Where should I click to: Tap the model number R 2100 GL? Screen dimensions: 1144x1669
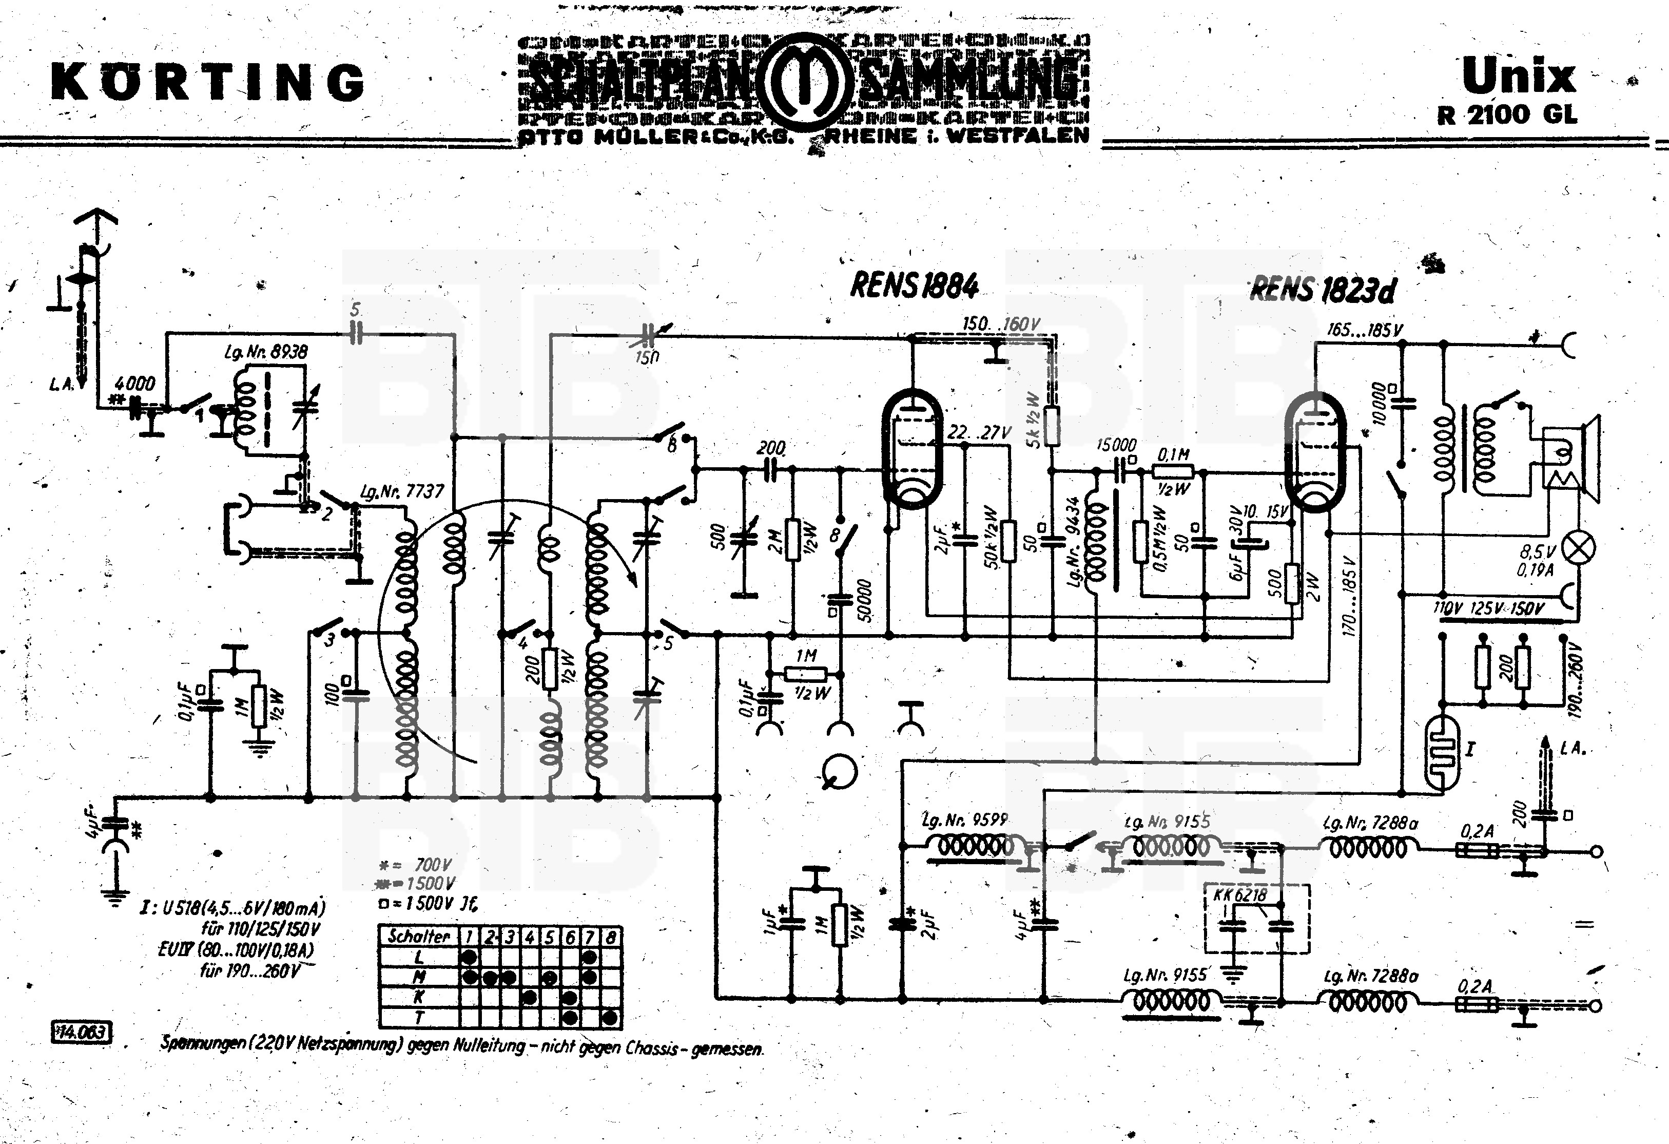coord(1507,115)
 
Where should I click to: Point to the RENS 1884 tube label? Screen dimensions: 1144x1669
coord(914,286)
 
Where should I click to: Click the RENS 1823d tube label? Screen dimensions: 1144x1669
coord(1323,290)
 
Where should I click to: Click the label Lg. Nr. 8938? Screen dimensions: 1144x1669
coord(266,352)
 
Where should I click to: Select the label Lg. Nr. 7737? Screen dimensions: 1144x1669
coord(402,491)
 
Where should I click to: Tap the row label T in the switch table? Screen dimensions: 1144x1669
coord(419,1017)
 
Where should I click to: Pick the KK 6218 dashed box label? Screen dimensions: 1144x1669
coord(1240,894)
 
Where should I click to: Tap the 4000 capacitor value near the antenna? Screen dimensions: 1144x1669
coord(134,383)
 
